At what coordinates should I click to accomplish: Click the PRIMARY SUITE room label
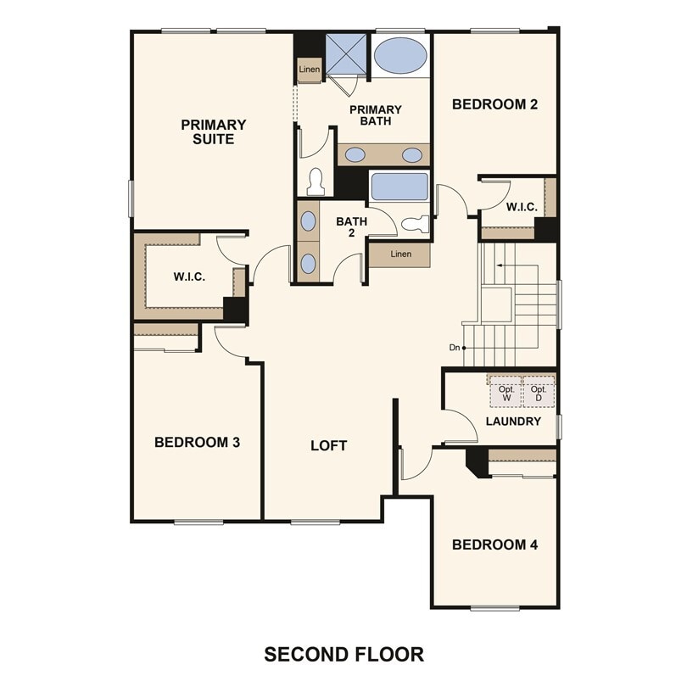213,131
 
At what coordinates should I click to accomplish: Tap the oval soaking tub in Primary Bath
400,55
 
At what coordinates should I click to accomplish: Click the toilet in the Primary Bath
316,182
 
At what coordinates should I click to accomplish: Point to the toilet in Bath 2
416,225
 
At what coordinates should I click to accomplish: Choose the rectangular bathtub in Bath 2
399,187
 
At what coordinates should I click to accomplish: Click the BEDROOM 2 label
494,104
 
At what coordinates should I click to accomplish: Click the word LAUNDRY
513,422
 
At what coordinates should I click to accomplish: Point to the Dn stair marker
455,348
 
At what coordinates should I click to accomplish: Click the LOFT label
328,445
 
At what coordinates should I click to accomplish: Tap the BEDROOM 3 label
197,442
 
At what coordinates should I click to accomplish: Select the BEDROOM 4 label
494,545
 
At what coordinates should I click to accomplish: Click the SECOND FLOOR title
343,654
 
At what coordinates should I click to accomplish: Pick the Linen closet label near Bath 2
400,254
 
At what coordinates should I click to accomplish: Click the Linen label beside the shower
309,70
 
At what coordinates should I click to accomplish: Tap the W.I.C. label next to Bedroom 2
520,206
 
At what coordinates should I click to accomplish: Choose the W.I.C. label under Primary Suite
189,276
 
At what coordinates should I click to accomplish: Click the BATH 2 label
351,227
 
